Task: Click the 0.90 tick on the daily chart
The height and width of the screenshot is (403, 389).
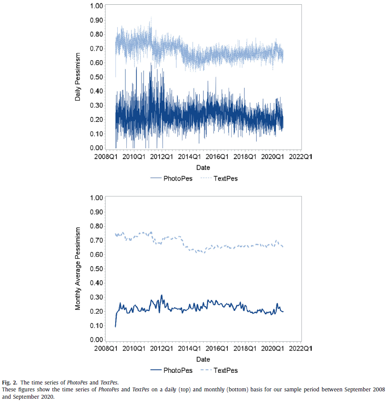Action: tap(97, 20)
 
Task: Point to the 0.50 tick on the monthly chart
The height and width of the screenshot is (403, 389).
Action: tap(97, 269)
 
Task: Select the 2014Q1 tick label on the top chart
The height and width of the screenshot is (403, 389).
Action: tap(190, 157)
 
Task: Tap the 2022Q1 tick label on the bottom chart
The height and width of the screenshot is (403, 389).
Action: tap(301, 348)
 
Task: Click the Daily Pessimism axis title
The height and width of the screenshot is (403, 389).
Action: tap(78, 77)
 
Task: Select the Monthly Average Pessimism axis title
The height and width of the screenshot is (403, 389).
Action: tap(78, 269)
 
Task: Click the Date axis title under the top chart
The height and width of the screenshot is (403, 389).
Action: tap(203, 167)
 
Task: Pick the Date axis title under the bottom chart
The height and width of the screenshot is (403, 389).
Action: tap(203, 359)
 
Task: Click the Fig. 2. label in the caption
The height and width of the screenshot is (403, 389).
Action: tap(9, 382)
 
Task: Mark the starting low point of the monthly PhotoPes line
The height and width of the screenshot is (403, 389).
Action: tap(116, 326)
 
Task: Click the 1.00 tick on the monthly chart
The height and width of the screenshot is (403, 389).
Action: tap(97, 198)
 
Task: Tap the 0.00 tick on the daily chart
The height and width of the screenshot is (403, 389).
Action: tap(97, 148)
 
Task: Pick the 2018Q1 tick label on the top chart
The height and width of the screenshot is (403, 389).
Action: tap(245, 157)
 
